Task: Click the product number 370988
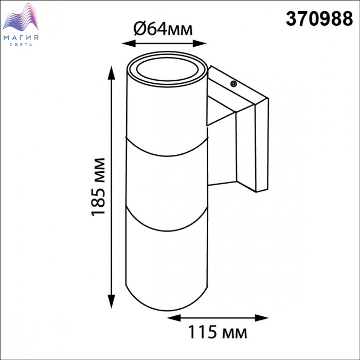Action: click(x=319, y=19)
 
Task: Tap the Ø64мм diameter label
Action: click(x=163, y=29)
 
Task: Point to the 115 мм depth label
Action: click(x=218, y=332)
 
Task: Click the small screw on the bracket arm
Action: click(x=233, y=84)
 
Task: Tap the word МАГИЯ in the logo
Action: click(x=21, y=38)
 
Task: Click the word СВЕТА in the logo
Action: click(x=21, y=45)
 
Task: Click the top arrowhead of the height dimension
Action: click(x=112, y=73)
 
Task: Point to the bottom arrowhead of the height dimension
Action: click(x=112, y=301)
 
